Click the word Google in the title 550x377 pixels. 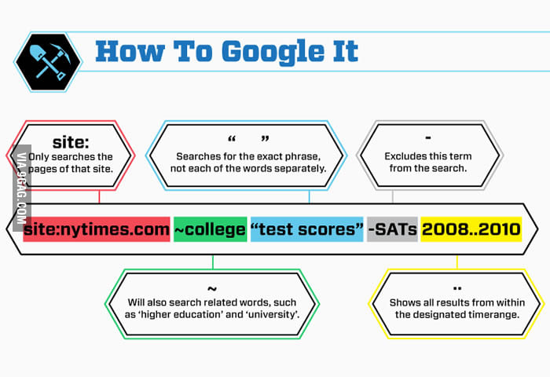[x=273, y=53]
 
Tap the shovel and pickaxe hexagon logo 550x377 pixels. [x=48, y=62]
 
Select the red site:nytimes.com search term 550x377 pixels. [x=97, y=229]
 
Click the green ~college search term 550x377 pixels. [x=210, y=229]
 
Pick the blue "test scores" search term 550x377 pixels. [x=307, y=229]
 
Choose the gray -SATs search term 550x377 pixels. [x=392, y=229]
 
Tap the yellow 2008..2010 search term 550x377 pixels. [x=471, y=229]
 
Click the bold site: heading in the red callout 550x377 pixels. [x=71, y=142]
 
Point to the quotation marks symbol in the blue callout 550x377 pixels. [x=248, y=139]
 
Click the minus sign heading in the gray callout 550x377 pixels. [x=428, y=137]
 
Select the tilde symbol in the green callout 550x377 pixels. [x=212, y=288]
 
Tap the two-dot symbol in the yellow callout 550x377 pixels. [x=457, y=288]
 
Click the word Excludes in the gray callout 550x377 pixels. [x=402, y=156]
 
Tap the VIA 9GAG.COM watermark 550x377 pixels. [x=22, y=188]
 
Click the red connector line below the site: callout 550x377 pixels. [x=99, y=196]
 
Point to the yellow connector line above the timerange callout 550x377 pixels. [x=457, y=262]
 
